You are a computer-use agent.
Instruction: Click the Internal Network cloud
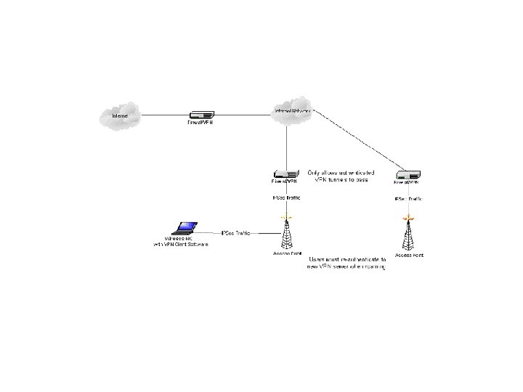pos(292,113)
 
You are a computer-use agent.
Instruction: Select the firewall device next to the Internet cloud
pos(201,115)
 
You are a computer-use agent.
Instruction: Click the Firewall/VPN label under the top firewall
pos(200,123)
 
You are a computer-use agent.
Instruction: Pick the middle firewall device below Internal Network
pos(287,174)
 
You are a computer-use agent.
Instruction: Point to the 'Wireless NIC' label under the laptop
pos(179,239)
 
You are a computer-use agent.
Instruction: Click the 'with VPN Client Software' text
pos(180,245)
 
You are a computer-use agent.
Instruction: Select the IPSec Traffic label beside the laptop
pos(235,232)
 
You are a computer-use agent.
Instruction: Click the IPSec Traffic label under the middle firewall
pos(287,197)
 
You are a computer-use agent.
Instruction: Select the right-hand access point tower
pos(409,233)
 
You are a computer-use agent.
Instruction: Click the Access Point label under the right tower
pos(409,256)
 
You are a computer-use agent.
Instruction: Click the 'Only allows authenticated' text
pos(341,173)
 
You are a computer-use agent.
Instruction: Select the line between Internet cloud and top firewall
pos(163,115)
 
